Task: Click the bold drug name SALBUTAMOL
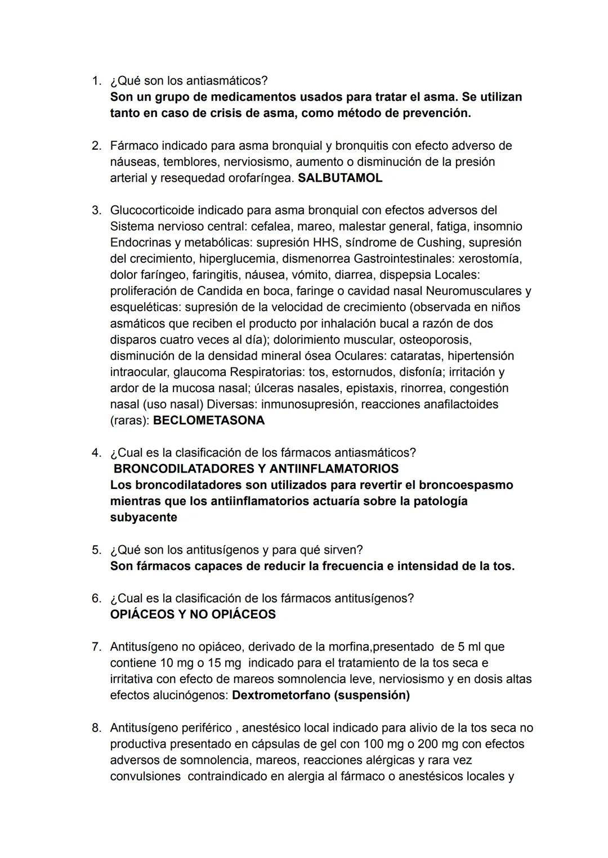[x=339, y=178]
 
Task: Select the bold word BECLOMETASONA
[x=209, y=421]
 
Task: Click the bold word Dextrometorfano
[x=281, y=695]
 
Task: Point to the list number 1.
[x=96, y=81]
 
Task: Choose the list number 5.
[x=96, y=550]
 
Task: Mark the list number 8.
[x=96, y=728]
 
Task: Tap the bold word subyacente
[x=143, y=518]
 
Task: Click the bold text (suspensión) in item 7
[x=372, y=695]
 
